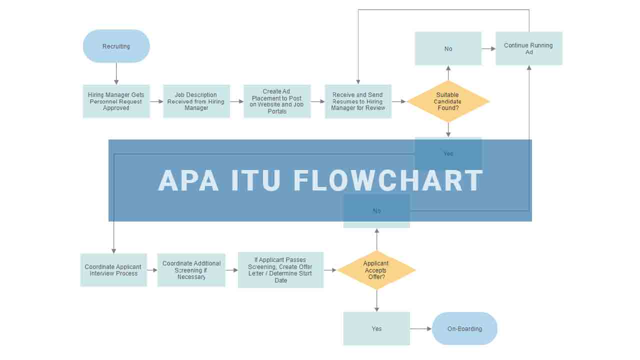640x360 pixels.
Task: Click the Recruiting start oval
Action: [x=116, y=46]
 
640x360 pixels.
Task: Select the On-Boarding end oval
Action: [x=464, y=328]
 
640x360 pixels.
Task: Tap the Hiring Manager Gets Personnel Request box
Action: [x=116, y=101]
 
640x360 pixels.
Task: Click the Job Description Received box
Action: [x=196, y=101]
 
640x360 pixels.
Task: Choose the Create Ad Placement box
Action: [x=277, y=101]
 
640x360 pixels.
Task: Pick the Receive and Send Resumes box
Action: [x=358, y=101]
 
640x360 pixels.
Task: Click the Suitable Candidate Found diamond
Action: [x=448, y=101]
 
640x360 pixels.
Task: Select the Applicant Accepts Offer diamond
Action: [x=376, y=270]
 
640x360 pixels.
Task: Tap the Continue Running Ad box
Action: [x=529, y=48]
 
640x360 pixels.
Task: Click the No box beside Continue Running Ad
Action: [x=448, y=48]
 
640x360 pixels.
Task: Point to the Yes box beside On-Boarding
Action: [x=376, y=328]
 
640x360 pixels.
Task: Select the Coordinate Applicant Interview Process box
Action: [x=113, y=270]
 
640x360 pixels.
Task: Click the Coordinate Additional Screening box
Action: [x=191, y=270]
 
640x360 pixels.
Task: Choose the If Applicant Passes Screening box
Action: [x=280, y=270]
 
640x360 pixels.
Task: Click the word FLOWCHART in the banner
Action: [x=388, y=180]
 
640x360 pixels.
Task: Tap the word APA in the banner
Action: [x=188, y=180]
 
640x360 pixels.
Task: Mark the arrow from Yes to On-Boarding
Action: [x=420, y=328]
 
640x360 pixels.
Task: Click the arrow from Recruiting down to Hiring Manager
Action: [x=116, y=73]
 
